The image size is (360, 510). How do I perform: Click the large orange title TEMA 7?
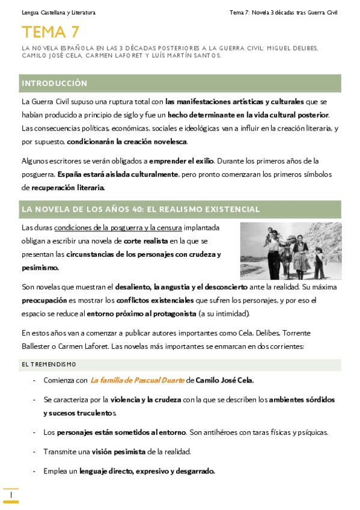tap(50, 32)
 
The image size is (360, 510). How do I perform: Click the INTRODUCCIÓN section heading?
tap(54, 83)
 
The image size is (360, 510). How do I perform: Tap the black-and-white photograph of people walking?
tap(291, 250)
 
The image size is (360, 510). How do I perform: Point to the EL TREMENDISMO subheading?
tap(49, 364)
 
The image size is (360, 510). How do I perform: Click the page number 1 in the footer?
tap(11, 494)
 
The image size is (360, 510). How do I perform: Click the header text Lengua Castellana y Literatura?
tap(58, 12)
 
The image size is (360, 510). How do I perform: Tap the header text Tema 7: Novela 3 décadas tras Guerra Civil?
tap(284, 12)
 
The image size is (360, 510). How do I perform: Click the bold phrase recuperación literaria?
tap(68, 188)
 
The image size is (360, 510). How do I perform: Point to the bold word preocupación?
tap(46, 300)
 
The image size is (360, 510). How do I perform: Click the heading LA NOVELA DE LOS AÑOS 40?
tap(141, 209)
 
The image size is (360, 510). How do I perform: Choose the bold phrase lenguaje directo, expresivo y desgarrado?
tap(147, 471)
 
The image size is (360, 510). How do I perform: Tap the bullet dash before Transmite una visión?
tap(34, 452)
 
